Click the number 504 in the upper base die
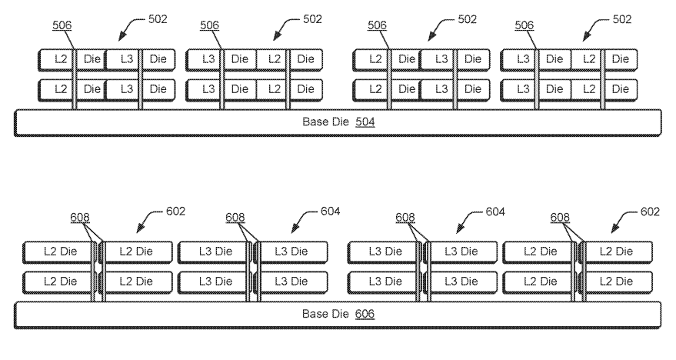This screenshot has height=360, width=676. coord(365,122)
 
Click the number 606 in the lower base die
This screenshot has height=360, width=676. coord(365,315)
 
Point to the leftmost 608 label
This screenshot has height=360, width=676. coord(79,218)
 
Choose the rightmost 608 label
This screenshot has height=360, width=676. coord(561,218)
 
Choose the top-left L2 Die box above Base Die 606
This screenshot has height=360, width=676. coord(57,252)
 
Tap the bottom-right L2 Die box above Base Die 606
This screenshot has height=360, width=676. coord(615,282)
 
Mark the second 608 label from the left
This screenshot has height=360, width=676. coord(235,218)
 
